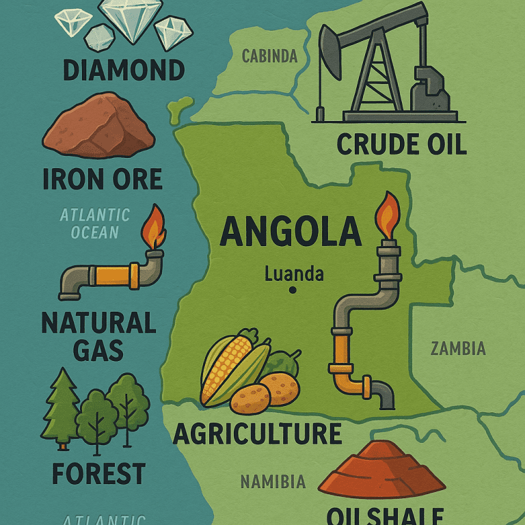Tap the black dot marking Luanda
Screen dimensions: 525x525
click(293, 290)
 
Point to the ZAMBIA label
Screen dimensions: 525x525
click(458, 349)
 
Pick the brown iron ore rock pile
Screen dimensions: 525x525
click(98, 125)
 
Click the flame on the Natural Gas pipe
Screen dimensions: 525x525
click(155, 227)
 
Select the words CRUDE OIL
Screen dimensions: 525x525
click(401, 144)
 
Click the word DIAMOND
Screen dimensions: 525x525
click(123, 69)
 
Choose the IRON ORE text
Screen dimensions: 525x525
click(103, 179)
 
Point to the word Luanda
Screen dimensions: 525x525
click(294, 275)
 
